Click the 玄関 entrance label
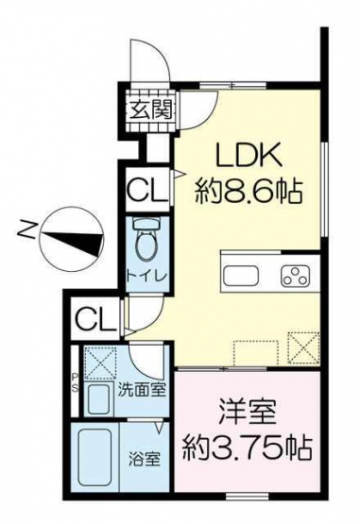[x=151, y=110]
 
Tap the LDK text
[x=249, y=156]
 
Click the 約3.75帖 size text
[x=248, y=448]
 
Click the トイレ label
[x=146, y=277]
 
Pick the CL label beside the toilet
[x=147, y=190]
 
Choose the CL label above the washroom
[x=95, y=319]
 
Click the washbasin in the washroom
[x=98, y=399]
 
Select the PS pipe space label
[x=75, y=382]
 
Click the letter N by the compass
[x=26, y=228]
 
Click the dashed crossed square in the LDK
[x=303, y=347]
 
